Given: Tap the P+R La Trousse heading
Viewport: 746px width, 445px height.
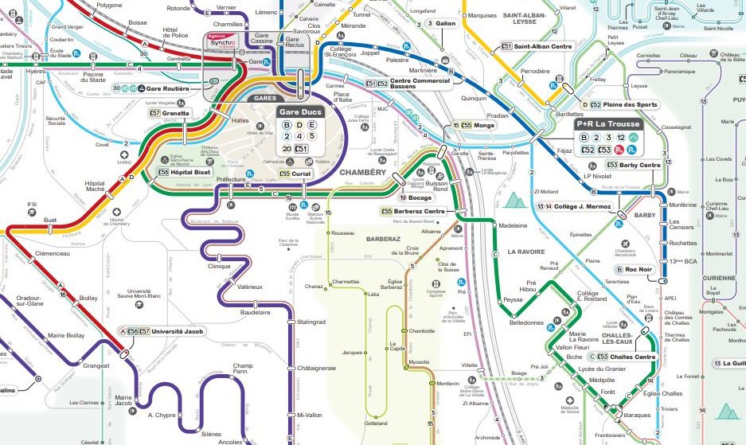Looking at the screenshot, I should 608,125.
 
